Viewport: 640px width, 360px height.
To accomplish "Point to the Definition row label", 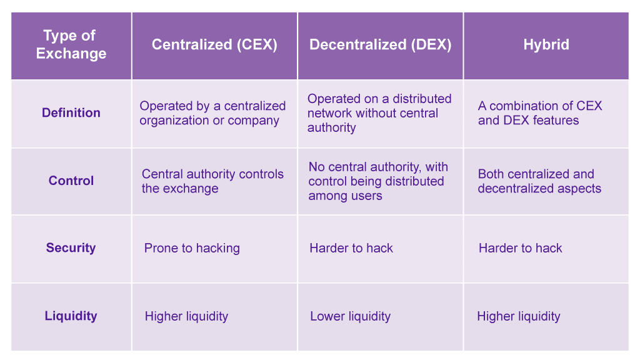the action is point(71,112).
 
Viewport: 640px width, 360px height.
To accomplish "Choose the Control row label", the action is point(71,181).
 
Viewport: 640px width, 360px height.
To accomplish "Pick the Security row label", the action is point(71,247).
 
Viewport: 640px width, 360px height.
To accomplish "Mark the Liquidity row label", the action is point(71,316).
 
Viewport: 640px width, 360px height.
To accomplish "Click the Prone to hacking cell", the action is point(192,248).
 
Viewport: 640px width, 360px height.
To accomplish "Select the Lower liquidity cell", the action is point(350,316).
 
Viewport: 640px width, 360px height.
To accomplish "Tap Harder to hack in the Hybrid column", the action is point(521,248).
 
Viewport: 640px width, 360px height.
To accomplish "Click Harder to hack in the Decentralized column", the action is point(351,248).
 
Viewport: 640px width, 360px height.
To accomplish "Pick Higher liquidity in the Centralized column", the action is point(186,316).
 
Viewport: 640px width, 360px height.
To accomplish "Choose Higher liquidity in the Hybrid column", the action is point(518,316).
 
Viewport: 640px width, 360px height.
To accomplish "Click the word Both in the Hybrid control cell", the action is point(491,174).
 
